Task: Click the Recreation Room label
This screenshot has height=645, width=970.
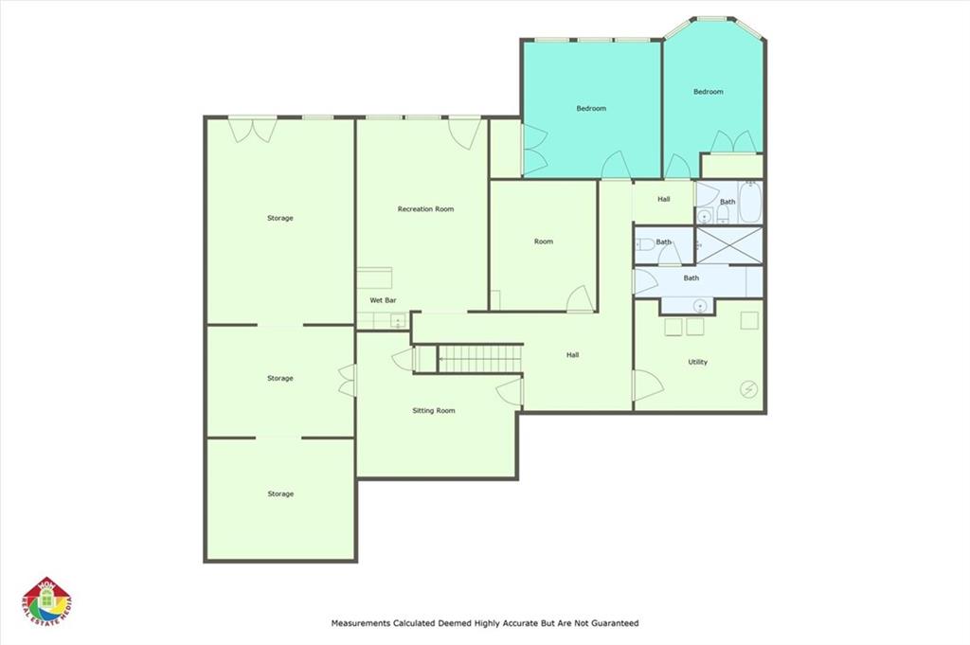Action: click(x=425, y=209)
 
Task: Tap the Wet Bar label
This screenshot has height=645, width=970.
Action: click(x=383, y=300)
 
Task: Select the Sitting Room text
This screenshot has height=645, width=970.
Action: click(x=434, y=411)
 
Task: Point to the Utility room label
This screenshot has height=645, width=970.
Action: click(x=698, y=363)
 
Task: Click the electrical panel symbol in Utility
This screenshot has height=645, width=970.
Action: click(x=748, y=389)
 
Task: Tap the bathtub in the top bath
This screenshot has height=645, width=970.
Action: click(x=750, y=202)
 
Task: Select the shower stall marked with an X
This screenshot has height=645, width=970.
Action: click(x=729, y=245)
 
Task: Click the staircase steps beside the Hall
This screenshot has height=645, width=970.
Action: click(x=480, y=359)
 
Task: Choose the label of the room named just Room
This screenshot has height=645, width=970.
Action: click(x=544, y=242)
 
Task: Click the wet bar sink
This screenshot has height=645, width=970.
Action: click(x=397, y=321)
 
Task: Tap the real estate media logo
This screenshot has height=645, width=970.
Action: click(x=46, y=601)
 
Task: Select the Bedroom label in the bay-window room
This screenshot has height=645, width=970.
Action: click(x=709, y=92)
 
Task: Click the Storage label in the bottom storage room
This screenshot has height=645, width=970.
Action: click(x=280, y=494)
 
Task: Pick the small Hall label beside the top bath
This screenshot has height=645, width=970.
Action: click(x=664, y=199)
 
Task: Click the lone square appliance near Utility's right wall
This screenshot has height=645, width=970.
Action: click(x=749, y=320)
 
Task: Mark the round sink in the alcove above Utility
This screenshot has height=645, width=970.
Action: click(x=700, y=306)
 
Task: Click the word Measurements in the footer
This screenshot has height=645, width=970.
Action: click(x=361, y=623)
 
